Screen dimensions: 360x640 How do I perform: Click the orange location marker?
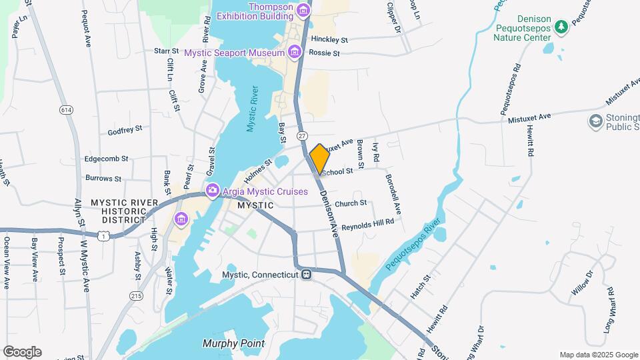tap(320, 159)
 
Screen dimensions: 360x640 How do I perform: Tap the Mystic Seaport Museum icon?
tap(294, 52)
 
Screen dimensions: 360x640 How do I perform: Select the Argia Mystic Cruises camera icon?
tap(213, 191)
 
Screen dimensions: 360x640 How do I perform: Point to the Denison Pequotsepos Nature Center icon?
tap(561, 26)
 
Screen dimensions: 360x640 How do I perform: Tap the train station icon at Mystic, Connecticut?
tap(306, 275)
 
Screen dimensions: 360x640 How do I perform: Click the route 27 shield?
tap(303, 136)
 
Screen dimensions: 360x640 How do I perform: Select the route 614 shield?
tap(66, 109)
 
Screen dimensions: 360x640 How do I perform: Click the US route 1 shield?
tap(103, 235)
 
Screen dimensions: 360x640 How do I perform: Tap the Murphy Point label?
tap(233, 344)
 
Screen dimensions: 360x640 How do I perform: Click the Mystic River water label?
tap(253, 108)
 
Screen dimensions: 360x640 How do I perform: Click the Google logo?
tap(22, 352)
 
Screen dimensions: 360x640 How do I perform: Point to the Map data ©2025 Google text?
tap(598, 355)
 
